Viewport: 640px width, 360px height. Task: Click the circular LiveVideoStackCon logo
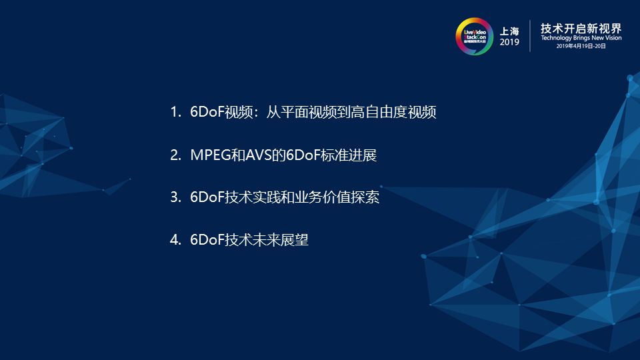(474, 36)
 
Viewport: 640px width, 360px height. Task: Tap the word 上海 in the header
(509, 31)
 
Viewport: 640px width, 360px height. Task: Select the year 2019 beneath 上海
(509, 42)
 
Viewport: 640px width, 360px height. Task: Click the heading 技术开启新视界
(581, 28)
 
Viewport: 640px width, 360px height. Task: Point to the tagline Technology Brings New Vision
(581, 37)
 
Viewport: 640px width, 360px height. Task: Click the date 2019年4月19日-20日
(581, 46)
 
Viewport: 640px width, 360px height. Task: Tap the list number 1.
(175, 112)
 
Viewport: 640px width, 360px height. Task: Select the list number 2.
(175, 155)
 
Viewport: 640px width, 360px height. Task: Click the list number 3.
(175, 197)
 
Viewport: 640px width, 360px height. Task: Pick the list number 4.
(175, 239)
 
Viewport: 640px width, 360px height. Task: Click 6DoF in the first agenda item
(207, 112)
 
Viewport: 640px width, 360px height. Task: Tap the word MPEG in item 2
(211, 155)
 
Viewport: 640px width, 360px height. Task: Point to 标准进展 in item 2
(349, 155)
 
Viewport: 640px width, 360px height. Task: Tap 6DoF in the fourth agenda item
(207, 239)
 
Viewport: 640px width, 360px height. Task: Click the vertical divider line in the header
(530, 36)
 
